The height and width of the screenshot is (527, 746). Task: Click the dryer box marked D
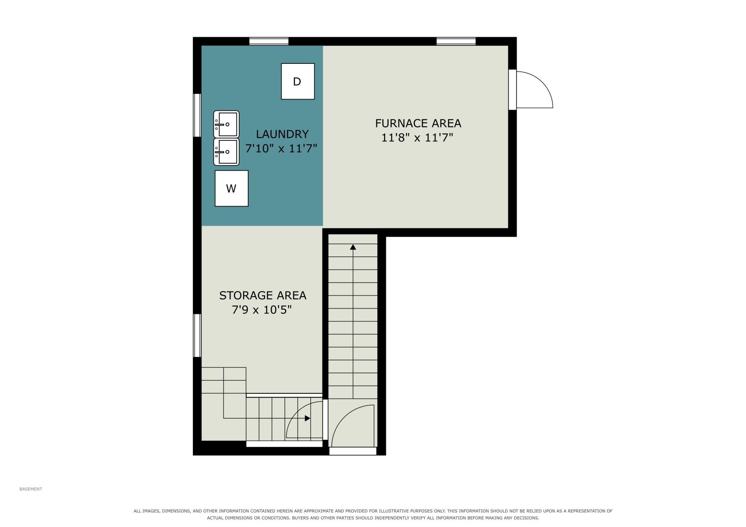coord(298,81)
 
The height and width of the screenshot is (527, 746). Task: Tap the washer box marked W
coord(231,188)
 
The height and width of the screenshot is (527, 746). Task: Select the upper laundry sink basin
coord(226,124)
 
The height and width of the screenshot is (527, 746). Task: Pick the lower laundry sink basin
coord(226,152)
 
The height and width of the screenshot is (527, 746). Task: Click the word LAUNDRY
coord(282,134)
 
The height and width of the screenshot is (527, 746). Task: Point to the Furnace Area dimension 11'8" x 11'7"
coord(417,138)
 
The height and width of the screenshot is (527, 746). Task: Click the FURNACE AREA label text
coord(418,123)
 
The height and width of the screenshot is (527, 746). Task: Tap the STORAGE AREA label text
coord(263,295)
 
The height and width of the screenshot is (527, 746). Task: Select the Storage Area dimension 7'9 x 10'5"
coord(262,310)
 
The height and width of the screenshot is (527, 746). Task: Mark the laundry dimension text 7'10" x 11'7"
coord(281,148)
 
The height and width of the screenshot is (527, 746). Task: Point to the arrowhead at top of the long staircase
coord(353,247)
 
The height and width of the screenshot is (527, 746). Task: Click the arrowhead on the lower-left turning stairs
coord(307,418)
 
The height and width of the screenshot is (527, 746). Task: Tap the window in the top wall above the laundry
coord(269,41)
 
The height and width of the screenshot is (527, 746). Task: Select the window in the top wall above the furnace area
coord(456,41)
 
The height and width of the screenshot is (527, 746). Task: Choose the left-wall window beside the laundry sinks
coord(197,115)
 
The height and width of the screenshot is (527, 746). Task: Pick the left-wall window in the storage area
coord(197,335)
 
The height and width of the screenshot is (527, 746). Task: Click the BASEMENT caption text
coord(31,489)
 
